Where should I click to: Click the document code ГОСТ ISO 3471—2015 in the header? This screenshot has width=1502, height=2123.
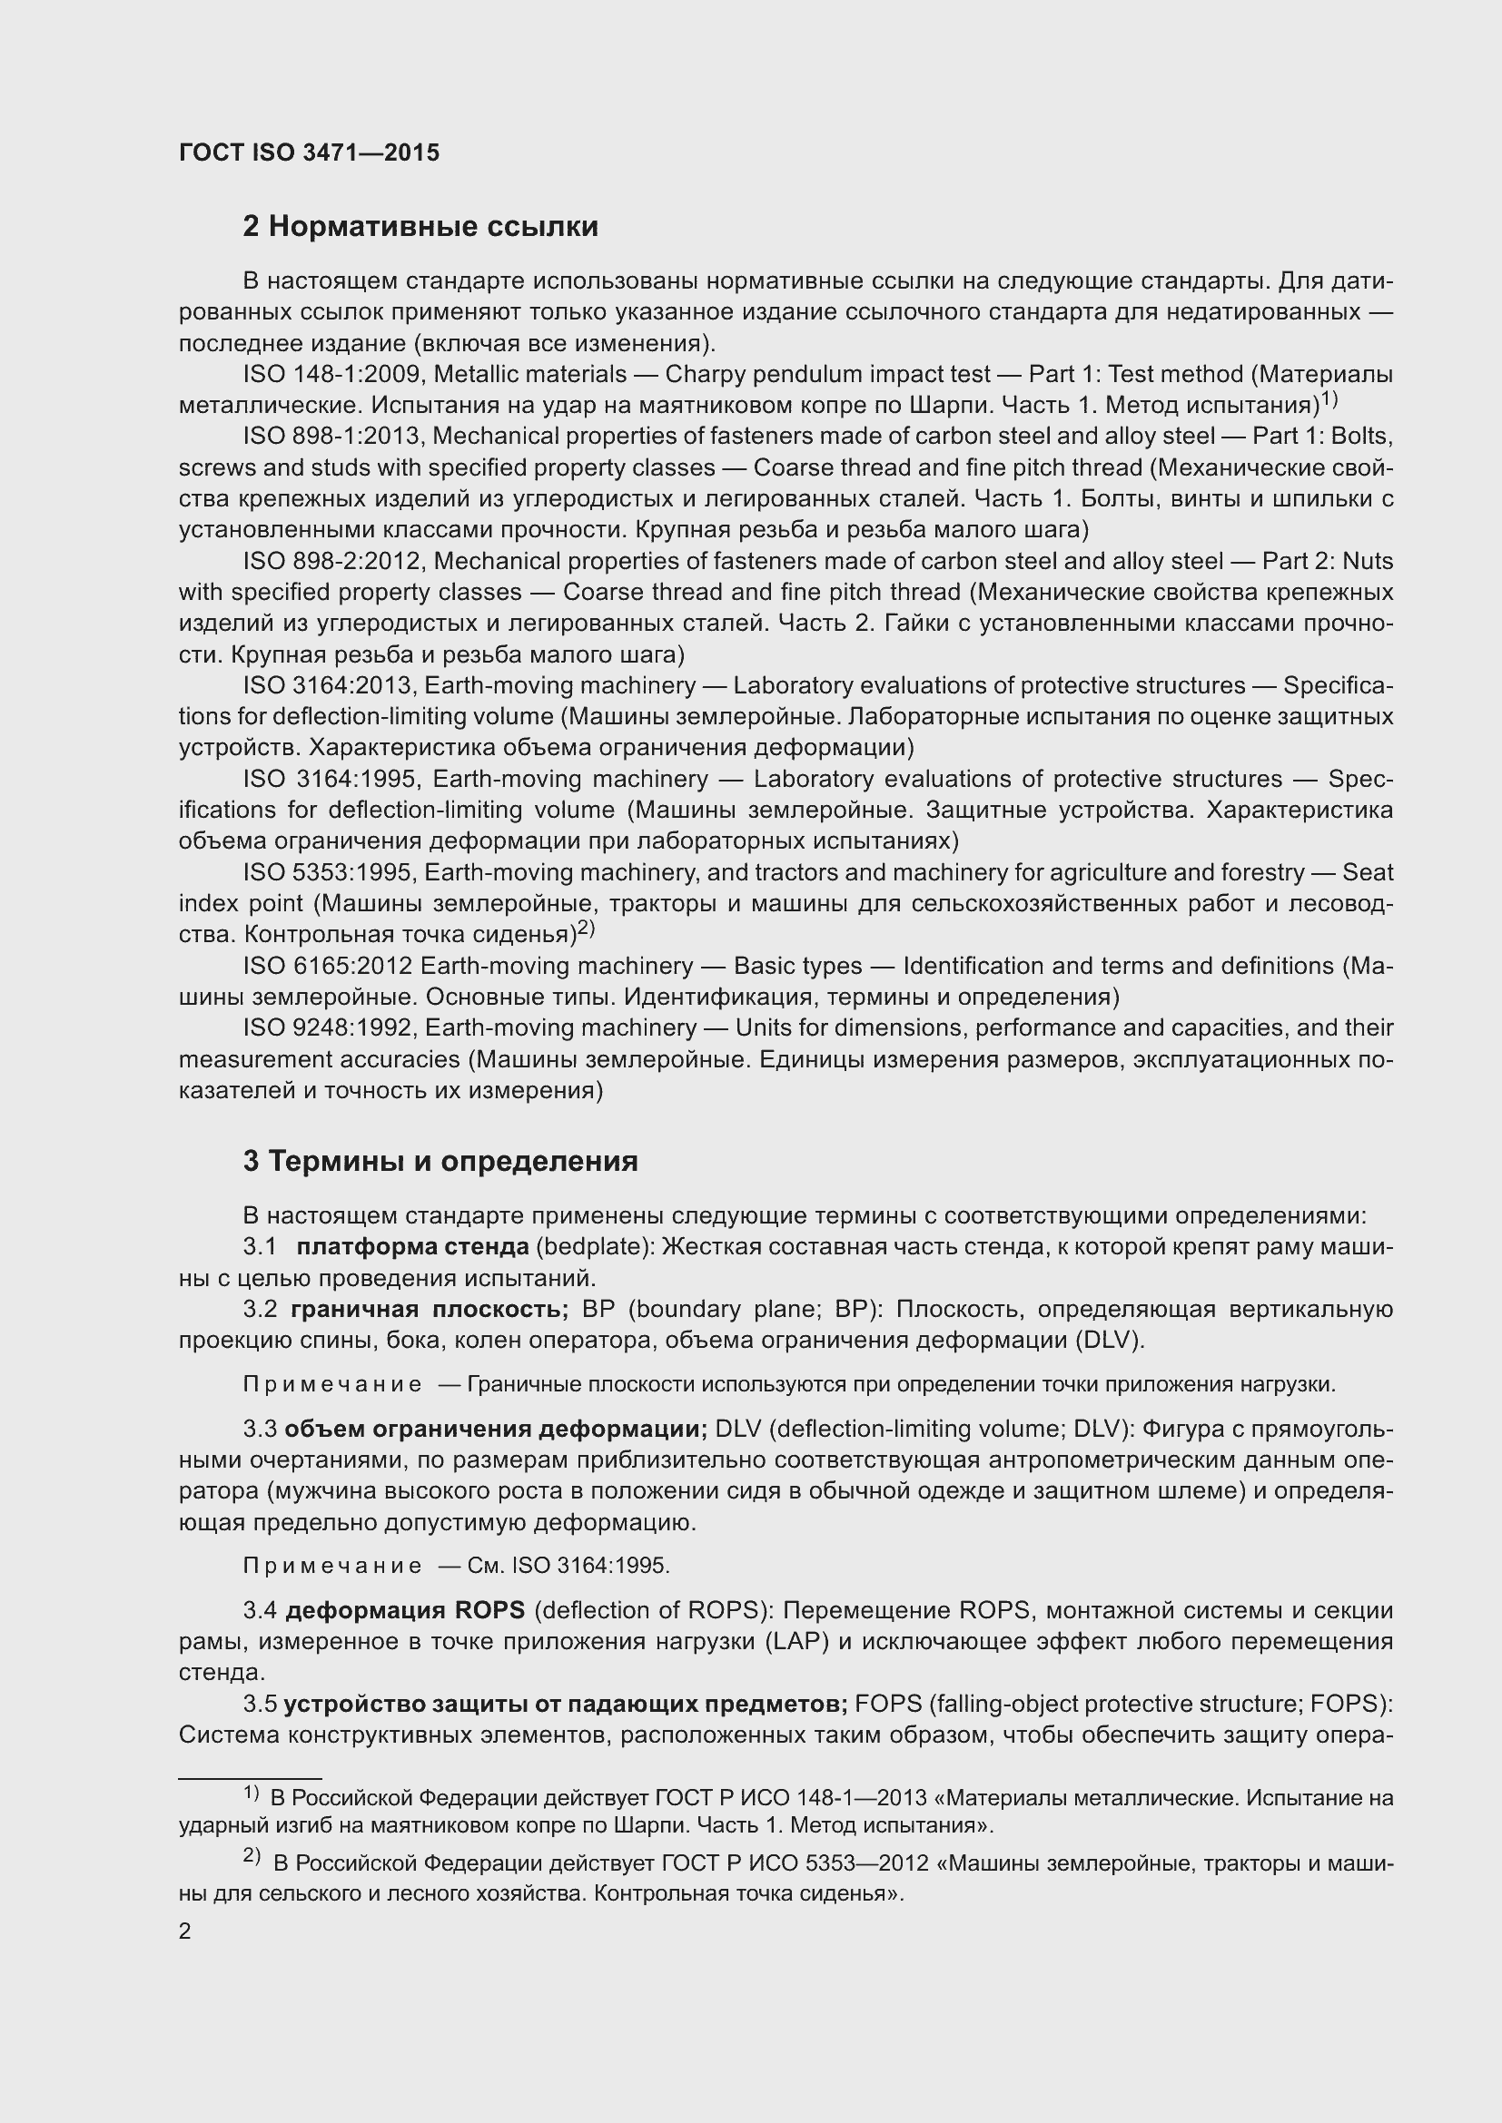click(x=309, y=152)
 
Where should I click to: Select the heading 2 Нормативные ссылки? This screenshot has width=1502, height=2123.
click(x=420, y=227)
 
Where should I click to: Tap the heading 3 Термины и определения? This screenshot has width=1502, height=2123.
click(x=440, y=1161)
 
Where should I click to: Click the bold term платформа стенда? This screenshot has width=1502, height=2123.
click(x=412, y=1246)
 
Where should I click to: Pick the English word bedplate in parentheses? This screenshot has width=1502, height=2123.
click(x=591, y=1246)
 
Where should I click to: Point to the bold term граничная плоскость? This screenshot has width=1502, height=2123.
click(x=430, y=1310)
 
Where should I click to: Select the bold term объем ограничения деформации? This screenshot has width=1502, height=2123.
click(x=496, y=1429)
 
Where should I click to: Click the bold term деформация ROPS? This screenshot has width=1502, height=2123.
click(x=405, y=1610)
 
